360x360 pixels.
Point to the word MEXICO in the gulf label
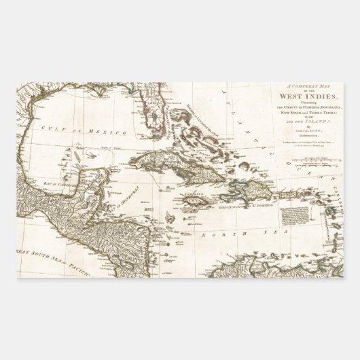(x=85, y=128)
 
